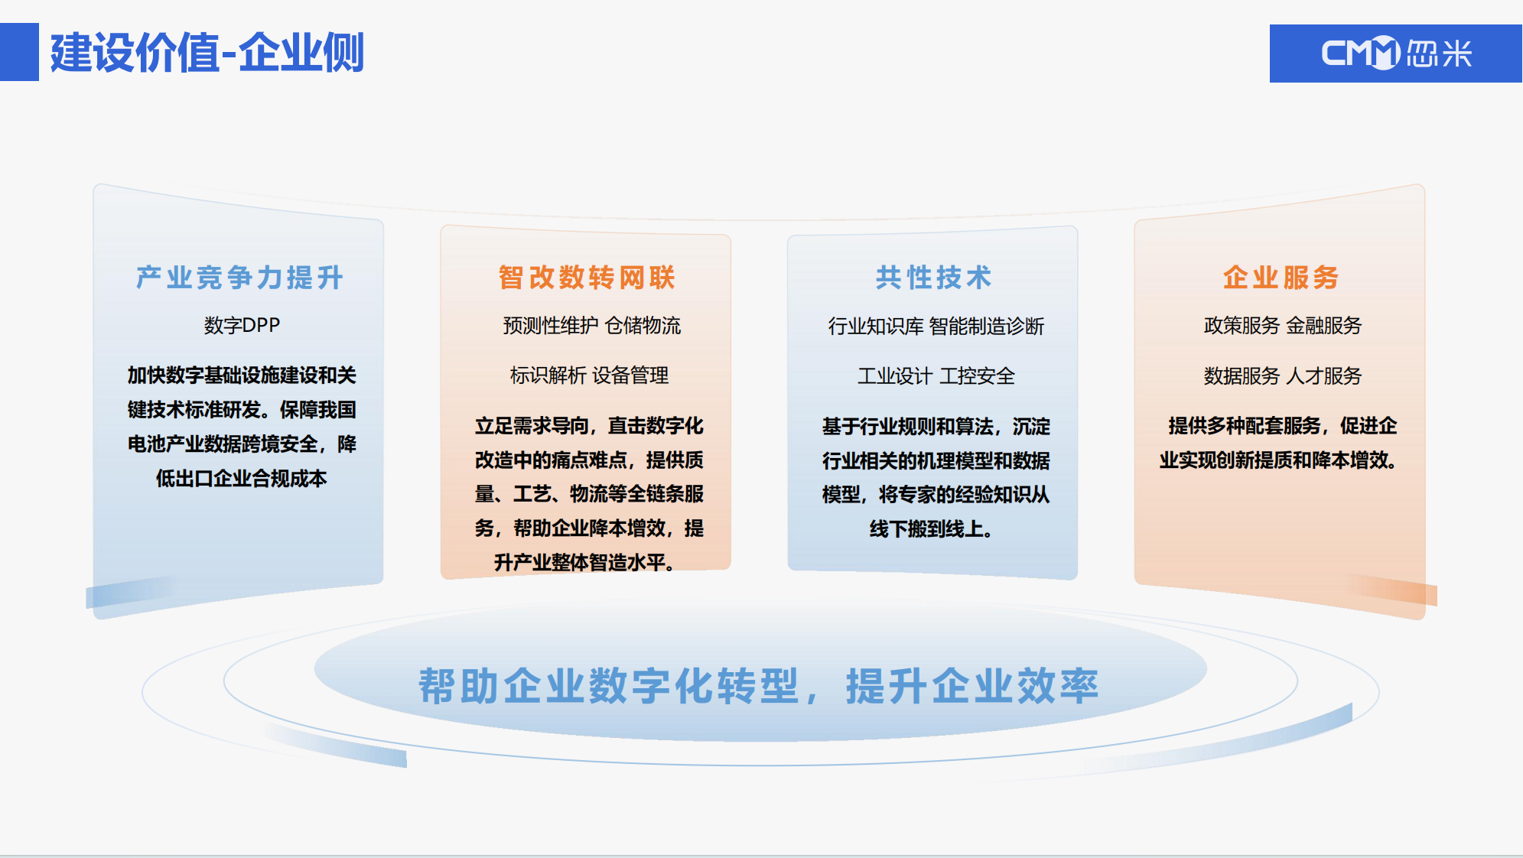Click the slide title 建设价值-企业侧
(x=207, y=53)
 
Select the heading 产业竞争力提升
(x=239, y=278)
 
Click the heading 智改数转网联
(x=587, y=278)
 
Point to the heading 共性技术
(x=933, y=278)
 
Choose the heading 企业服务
(x=1281, y=278)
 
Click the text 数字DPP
(x=242, y=325)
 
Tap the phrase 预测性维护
(x=550, y=326)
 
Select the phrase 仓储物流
(x=643, y=326)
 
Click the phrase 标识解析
(x=548, y=375)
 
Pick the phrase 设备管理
(x=630, y=375)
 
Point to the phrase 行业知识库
(x=876, y=327)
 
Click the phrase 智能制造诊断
(x=987, y=327)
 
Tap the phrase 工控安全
(x=977, y=376)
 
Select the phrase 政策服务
(x=1242, y=326)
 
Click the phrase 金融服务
(x=1324, y=326)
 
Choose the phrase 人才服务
(x=1324, y=376)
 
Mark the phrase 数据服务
(x=1242, y=376)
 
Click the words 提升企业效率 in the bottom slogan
(x=972, y=686)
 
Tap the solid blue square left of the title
(x=19, y=52)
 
